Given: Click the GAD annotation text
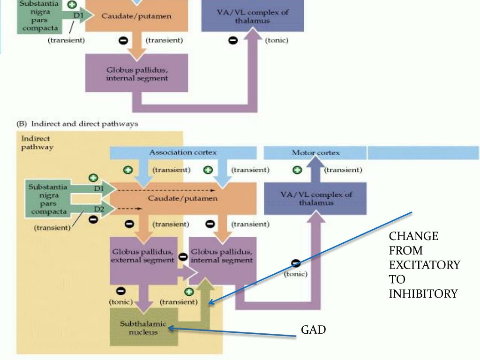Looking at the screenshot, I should tap(313, 330).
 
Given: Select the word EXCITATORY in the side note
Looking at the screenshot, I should tap(424, 265).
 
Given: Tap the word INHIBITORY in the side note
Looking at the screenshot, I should tap(423, 294).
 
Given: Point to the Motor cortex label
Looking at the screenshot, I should tap(315, 152).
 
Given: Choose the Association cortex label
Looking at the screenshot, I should tap(183, 152).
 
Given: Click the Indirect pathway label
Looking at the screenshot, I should tap(37, 142).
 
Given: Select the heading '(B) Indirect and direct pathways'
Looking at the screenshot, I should tap(77, 124).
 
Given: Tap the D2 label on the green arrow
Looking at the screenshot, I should tap(99, 208).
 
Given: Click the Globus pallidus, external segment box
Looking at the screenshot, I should tap(143, 255).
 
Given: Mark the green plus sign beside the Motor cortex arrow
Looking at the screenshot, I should tap(297, 170).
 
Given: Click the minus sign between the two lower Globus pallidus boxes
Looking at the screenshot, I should tap(183, 256).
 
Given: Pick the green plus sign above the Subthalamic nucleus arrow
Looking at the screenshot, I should tap(189, 292).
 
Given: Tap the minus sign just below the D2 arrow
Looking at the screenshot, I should tap(93, 219).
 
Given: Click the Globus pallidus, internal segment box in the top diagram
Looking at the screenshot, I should tap(136, 74).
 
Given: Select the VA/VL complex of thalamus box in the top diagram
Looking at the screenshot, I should tap(252, 16).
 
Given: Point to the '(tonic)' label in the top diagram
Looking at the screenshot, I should tap(277, 40).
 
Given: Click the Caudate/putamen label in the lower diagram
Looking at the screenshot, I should tap(182, 198).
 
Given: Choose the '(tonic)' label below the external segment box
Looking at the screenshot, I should tap(120, 302).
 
